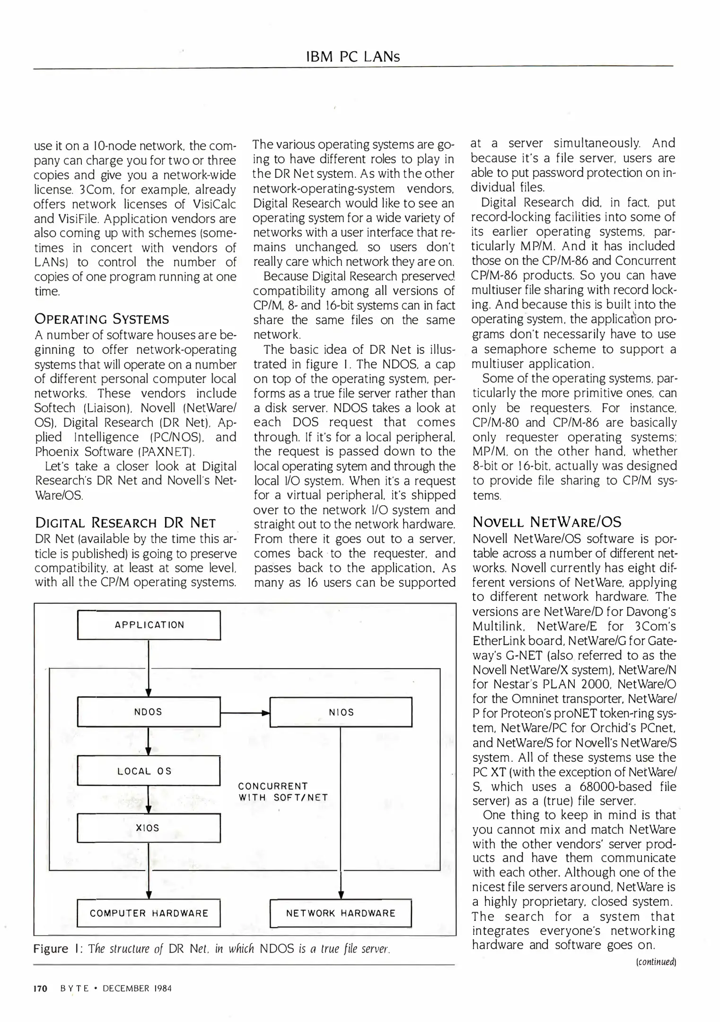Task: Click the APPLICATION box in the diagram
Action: click(x=149, y=625)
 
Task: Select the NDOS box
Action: click(x=149, y=712)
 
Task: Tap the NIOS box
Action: click(x=341, y=712)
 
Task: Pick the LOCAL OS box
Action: click(x=149, y=771)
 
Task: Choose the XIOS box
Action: click(x=149, y=828)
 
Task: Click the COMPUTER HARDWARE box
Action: click(x=149, y=913)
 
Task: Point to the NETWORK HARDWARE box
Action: click(x=341, y=913)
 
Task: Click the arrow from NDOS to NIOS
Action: click(x=245, y=712)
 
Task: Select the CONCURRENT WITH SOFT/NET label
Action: click(x=283, y=792)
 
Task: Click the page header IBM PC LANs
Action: click(x=353, y=57)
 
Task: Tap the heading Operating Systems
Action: click(x=102, y=319)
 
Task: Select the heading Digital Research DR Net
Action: click(x=125, y=523)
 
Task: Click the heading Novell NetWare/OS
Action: click(x=547, y=522)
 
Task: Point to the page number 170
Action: click(x=41, y=988)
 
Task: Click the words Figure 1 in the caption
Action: click(x=51, y=949)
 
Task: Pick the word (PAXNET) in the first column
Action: click(x=166, y=452)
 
